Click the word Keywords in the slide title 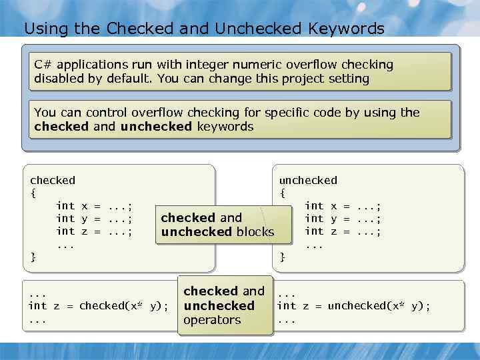(347, 29)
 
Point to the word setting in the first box (347, 79)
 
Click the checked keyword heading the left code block (53, 180)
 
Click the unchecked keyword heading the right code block (308, 180)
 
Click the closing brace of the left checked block (33, 257)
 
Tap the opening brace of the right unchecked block (283, 193)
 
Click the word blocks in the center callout (254, 232)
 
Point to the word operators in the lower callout (212, 320)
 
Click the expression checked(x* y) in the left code (123, 306)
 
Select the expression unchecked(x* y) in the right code (379, 306)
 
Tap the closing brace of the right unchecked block (283, 257)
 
